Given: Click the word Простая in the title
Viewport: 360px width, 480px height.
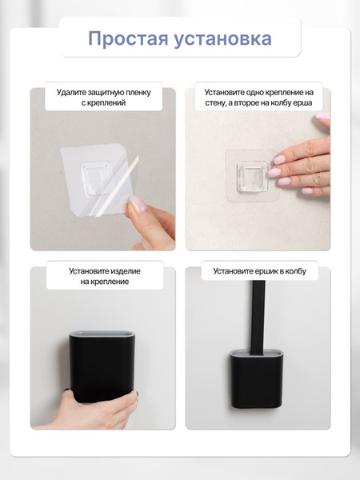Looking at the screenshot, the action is click(x=128, y=39).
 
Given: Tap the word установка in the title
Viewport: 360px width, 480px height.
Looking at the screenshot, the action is click(x=223, y=39).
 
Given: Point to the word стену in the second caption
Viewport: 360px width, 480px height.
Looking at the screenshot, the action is click(x=215, y=103).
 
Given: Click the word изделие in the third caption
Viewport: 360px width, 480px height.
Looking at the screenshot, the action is click(x=126, y=271).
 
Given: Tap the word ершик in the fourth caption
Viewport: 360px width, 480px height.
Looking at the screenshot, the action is click(x=267, y=271).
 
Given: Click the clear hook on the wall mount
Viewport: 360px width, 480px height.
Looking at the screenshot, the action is click(x=252, y=177).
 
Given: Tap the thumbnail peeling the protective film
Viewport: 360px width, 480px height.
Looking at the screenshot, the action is click(x=138, y=203).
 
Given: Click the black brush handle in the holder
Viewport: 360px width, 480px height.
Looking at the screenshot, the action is click(x=258, y=318).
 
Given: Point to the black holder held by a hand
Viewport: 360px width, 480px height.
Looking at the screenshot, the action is click(x=102, y=366).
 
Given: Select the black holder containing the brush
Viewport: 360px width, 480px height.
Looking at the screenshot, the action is click(x=256, y=379).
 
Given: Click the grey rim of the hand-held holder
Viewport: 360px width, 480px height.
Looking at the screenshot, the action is click(x=102, y=334).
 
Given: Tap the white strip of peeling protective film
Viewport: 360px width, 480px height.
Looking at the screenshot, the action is click(x=118, y=186).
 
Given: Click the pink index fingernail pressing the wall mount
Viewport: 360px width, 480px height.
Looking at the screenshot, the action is click(x=279, y=159).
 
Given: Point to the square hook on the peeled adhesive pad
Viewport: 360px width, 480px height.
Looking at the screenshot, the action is click(x=95, y=178).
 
